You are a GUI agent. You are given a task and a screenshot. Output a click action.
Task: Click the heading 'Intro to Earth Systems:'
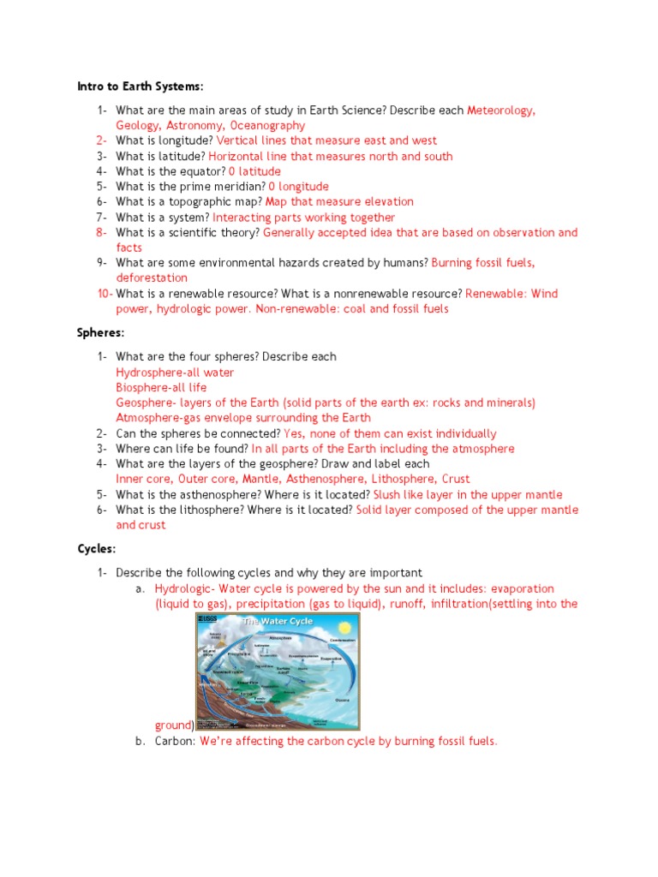coord(141,87)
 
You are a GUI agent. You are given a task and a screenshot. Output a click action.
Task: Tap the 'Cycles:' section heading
coord(96,548)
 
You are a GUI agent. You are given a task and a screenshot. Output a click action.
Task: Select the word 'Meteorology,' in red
coord(501,110)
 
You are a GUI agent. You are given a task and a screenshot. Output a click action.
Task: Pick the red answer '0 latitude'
coord(254,171)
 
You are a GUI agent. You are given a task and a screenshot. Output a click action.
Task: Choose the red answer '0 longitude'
coord(298,187)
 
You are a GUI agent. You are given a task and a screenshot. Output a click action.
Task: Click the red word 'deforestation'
coord(152,278)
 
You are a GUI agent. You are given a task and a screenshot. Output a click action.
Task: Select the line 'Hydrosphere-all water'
coord(175,373)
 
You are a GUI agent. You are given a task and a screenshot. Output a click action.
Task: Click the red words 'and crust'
coord(141,525)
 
